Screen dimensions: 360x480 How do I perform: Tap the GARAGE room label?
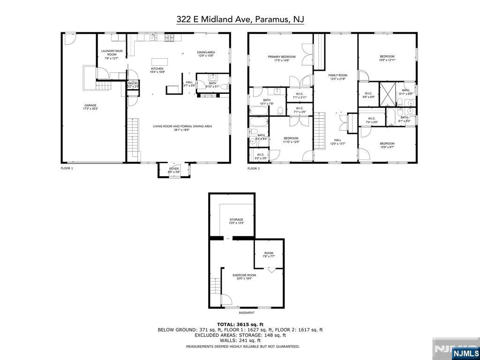(x=90, y=106)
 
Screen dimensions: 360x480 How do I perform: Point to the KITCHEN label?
(x=157, y=70)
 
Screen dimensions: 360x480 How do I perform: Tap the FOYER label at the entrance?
(x=174, y=170)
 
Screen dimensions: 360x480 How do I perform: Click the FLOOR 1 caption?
(x=67, y=168)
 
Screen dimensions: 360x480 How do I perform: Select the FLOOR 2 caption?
(x=254, y=168)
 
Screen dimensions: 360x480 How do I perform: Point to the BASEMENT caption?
(x=247, y=313)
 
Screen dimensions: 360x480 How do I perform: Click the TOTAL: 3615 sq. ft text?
(x=240, y=324)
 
